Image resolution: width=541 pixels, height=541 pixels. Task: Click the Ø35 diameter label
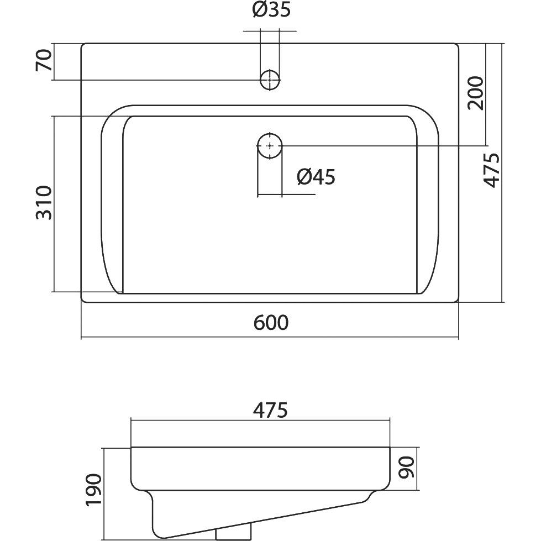271,10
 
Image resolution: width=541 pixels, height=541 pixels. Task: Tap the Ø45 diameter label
316,177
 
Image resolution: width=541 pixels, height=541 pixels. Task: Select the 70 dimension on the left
44,60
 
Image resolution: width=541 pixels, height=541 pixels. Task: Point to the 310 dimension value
44,203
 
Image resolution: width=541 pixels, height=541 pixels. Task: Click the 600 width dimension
271,323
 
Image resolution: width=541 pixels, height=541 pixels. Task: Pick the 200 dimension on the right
476,93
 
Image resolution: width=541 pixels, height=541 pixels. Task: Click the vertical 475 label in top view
491,170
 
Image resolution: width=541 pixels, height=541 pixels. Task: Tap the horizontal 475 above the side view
270,411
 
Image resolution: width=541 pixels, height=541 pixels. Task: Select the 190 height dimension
94,490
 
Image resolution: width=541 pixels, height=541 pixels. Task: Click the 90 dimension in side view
406,468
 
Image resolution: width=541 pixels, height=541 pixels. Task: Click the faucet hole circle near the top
270,80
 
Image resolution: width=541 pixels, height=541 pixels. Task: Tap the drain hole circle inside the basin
270,145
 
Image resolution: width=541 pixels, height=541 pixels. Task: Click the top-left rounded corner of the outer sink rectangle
83,45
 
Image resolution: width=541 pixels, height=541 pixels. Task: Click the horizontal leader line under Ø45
286,195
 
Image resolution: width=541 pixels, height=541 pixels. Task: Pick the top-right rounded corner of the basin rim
430,114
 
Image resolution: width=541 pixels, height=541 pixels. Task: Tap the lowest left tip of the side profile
165,537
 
